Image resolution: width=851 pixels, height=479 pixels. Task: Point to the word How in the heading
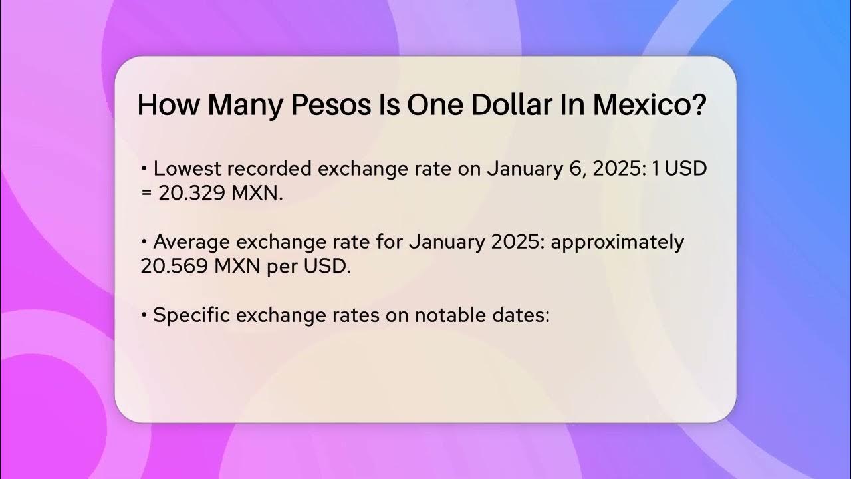coord(168,106)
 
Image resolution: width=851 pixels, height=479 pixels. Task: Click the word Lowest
coord(186,169)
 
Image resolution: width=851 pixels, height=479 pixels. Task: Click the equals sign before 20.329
coord(147,194)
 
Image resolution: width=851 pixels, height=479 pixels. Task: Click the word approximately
coord(617,243)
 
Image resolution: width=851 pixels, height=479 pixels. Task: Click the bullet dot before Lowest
coord(144,170)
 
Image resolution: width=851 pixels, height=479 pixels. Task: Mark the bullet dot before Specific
coord(144,316)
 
